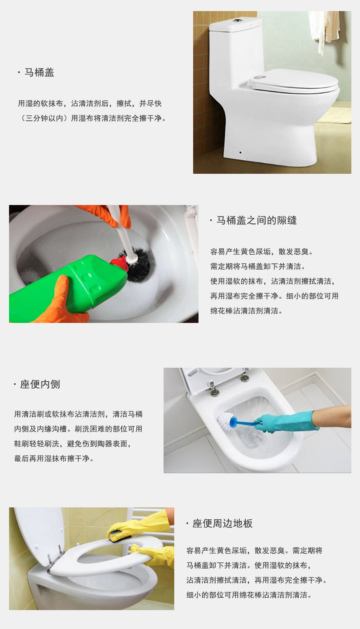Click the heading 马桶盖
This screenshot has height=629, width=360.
(x=39, y=73)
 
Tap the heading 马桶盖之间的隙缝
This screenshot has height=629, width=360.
(x=256, y=221)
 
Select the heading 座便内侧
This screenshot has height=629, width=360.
(x=40, y=385)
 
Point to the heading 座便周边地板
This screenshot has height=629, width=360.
(x=222, y=523)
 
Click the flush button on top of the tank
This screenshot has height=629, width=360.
(x=238, y=19)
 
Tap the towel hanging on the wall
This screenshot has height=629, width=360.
(x=324, y=27)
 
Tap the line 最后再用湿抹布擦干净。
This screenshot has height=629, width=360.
(x=54, y=459)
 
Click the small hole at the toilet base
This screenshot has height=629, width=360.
(x=240, y=152)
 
